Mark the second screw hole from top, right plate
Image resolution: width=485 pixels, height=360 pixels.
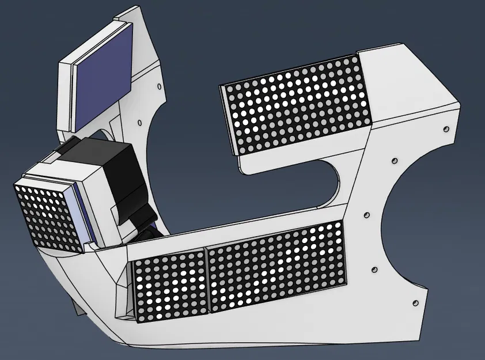(x=394, y=160)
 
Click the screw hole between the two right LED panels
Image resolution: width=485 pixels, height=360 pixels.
(x=364, y=216)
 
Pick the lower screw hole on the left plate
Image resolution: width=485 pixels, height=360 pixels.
(x=139, y=123)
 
